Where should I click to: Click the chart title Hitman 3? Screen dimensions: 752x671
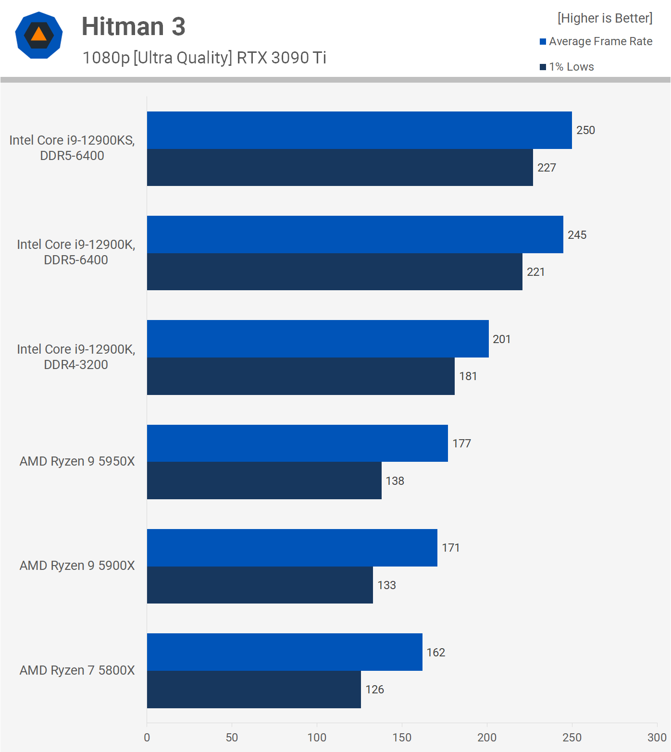(x=133, y=26)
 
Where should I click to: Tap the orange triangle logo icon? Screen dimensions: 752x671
(x=39, y=35)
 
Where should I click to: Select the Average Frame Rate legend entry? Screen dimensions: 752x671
(x=596, y=41)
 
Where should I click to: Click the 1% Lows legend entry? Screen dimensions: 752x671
(x=567, y=67)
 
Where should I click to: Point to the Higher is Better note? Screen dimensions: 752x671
(x=605, y=18)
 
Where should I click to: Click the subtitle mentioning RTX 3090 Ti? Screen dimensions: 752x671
(x=204, y=58)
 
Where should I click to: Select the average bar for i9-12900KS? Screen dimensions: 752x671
(x=359, y=130)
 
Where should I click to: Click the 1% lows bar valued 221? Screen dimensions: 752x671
(x=335, y=272)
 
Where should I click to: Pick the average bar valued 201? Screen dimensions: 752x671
(x=318, y=339)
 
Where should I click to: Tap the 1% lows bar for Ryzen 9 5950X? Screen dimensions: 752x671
(x=264, y=481)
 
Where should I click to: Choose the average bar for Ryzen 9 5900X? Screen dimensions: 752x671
(x=292, y=548)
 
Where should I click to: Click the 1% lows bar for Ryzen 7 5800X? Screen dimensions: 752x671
(x=254, y=690)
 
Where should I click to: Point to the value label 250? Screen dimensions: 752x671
(x=585, y=130)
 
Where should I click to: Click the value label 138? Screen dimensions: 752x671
(x=395, y=481)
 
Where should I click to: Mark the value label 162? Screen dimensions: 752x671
(x=435, y=653)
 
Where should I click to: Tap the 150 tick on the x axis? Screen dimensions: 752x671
(x=402, y=738)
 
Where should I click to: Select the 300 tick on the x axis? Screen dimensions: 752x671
(x=657, y=738)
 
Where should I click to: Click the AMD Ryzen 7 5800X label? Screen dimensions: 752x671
(x=77, y=670)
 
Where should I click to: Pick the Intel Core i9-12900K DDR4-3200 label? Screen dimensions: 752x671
(x=76, y=357)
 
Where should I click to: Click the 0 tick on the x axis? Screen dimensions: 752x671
(x=147, y=738)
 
